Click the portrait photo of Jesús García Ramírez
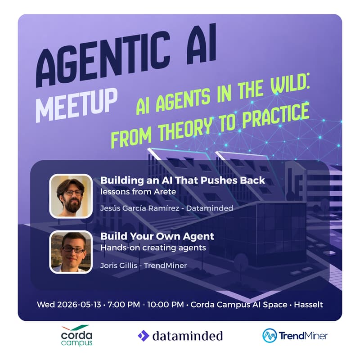coord(70,196)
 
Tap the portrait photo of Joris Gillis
coord(70,252)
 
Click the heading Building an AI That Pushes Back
coord(183,180)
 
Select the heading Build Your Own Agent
coord(157,236)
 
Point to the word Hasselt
coord(308,305)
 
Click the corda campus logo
coord(76,335)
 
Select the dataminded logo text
coord(187,336)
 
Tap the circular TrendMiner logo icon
coord(270,336)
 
